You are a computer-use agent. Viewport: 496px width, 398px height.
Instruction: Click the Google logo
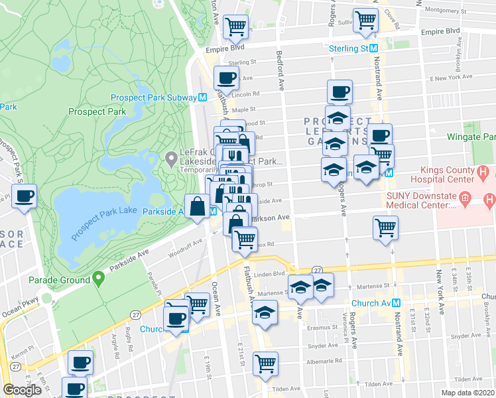point(22,390)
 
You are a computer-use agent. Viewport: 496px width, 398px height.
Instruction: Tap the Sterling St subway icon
point(374,48)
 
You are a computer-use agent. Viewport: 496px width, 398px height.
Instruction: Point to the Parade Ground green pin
point(99,279)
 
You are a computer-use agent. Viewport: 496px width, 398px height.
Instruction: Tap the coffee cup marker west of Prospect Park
point(24,196)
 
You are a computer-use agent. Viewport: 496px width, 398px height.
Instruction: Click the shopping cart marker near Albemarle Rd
point(265,363)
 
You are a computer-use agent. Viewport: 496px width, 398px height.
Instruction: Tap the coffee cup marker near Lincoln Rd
point(227,77)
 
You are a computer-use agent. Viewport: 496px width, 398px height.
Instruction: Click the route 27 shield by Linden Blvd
point(318,270)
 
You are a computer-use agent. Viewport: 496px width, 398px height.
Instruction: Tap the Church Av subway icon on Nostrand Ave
point(397,302)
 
